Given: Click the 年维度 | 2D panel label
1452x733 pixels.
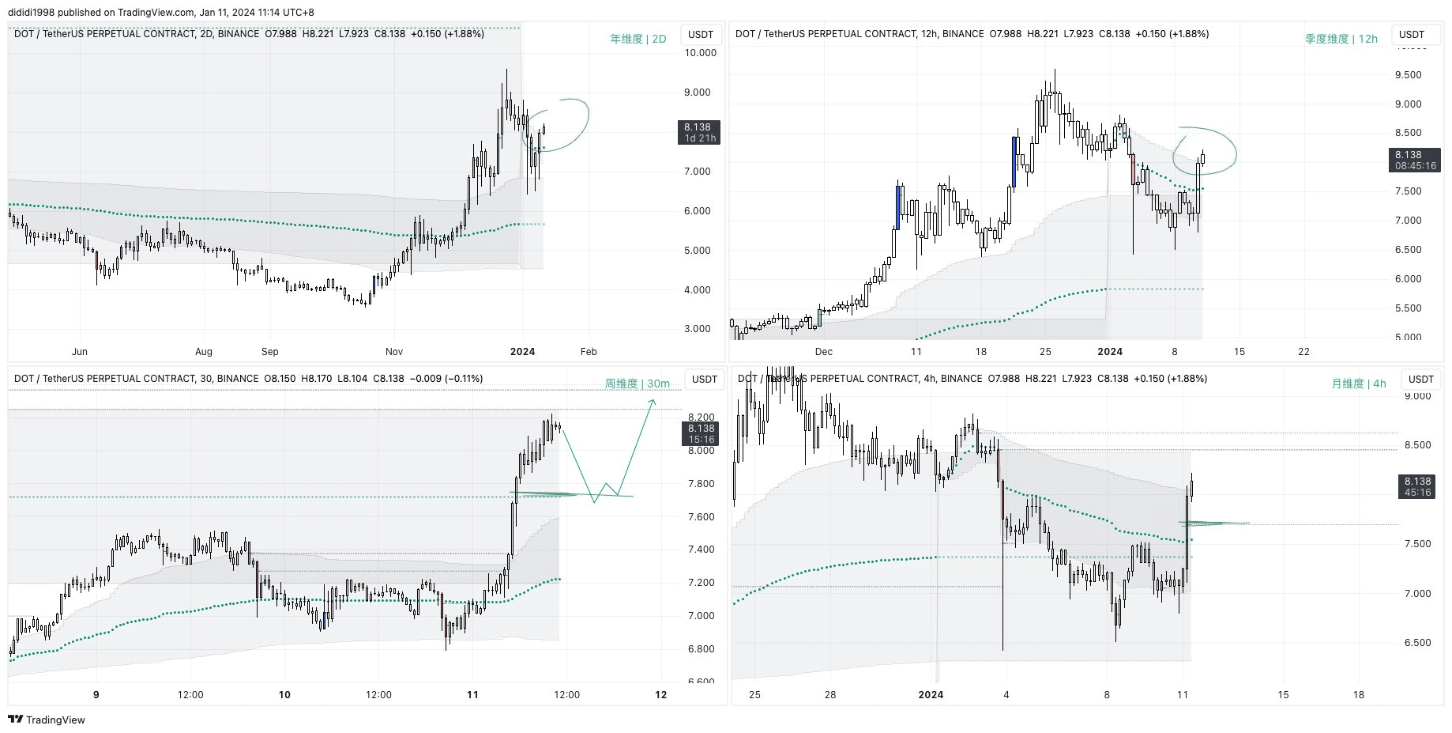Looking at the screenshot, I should point(638,39).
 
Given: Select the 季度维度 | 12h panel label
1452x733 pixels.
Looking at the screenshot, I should point(1341,39).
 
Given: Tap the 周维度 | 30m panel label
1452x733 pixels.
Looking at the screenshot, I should point(637,384).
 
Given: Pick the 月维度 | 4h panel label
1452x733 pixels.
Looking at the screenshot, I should point(1358,384).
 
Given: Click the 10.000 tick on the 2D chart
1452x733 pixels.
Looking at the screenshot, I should point(700,53).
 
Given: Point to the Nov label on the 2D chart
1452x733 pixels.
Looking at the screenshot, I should point(394,352).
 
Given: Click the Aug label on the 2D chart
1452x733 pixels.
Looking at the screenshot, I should point(204,352).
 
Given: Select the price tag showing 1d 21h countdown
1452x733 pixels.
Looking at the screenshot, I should point(698,132).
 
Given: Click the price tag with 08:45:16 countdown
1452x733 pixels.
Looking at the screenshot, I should point(1414,161).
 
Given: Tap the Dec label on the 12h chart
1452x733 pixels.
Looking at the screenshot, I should point(823,352).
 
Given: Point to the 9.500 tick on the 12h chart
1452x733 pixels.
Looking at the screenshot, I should point(1408,75).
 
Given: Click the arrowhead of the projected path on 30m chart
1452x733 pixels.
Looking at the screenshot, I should point(653,402).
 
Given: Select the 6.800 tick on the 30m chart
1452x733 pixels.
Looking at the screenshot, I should point(701,649).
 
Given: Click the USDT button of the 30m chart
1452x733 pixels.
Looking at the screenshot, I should point(704,380).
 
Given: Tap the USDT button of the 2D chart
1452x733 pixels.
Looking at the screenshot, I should point(700,35).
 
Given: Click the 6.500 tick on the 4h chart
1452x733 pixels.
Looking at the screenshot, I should point(1417,643).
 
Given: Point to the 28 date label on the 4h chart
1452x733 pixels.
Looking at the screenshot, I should point(829,695).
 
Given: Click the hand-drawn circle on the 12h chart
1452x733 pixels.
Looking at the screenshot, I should point(1204,150).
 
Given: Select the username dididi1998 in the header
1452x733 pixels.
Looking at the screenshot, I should point(32,13).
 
